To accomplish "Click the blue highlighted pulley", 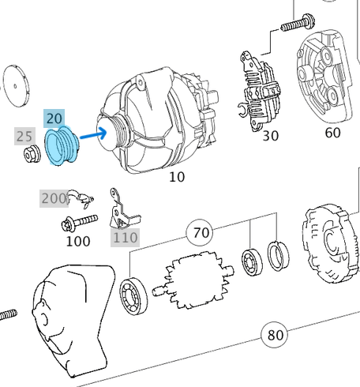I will [60, 147].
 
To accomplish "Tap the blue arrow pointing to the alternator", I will [92, 135].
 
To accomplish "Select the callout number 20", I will [54, 118].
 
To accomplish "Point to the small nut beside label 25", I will [31, 156].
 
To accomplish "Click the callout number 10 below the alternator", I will [177, 177].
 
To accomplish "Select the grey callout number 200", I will [54, 198].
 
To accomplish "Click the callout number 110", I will [125, 237].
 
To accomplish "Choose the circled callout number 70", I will [202, 232].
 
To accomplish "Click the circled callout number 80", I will [275, 335].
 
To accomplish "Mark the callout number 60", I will [332, 133].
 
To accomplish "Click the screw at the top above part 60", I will [297, 24].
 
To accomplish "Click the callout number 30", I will [271, 136].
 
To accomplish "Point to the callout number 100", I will [77, 241].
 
